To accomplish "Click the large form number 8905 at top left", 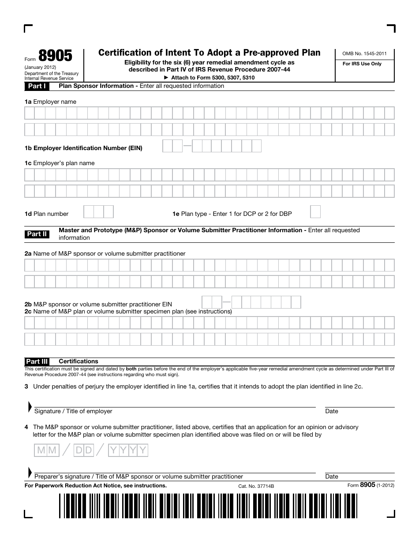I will coord(55,56).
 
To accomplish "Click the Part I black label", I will coord(37,86).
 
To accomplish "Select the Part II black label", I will coord(37,234).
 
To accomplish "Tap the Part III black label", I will coord(37,361).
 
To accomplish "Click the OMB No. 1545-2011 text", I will coord(364,53).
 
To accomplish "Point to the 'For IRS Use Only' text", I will coord(362,64).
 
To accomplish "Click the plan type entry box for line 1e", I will coord(315,212).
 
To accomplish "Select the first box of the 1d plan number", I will coord(89,212).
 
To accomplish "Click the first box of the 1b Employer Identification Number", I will coord(168,146).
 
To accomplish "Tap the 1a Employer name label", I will coord(50,102).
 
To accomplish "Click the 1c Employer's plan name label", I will coord(60,163).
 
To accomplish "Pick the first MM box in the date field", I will coord(41,450).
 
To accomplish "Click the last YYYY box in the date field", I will coord(143,450).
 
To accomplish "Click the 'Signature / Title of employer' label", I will coord(73,411).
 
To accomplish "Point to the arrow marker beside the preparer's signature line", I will coord(30,472).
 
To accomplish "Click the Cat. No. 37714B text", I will coord(256,486).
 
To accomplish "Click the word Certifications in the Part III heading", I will coord(79,361).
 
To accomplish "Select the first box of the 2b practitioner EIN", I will coord(207,302).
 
